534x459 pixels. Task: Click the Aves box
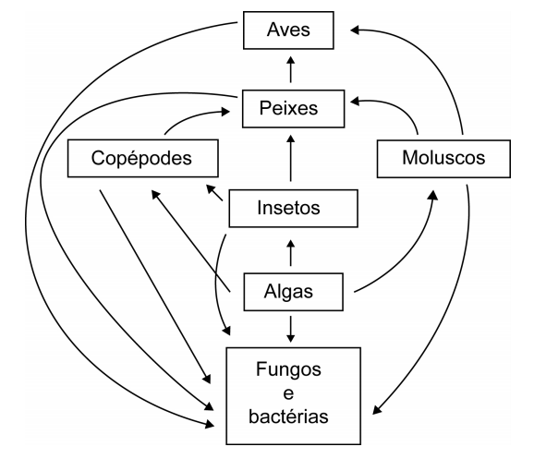288,30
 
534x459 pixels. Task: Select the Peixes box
293,109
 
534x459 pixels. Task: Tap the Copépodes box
143,158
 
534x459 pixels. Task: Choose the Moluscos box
443,159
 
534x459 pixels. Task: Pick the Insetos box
293,209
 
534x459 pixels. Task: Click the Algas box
293,292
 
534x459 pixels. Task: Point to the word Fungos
288,370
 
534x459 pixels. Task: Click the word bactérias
288,417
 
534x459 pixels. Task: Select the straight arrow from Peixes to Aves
290,69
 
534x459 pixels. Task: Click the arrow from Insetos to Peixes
290,158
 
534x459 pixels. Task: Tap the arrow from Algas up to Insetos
290,253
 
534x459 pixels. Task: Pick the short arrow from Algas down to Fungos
290,329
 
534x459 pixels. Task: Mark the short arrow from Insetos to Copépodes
214,193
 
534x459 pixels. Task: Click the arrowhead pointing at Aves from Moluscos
355,30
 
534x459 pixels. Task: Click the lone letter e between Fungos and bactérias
288,394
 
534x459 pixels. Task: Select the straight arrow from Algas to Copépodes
190,241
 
